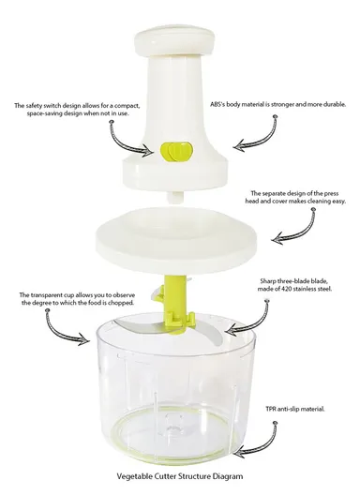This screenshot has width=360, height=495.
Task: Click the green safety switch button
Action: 174,152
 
